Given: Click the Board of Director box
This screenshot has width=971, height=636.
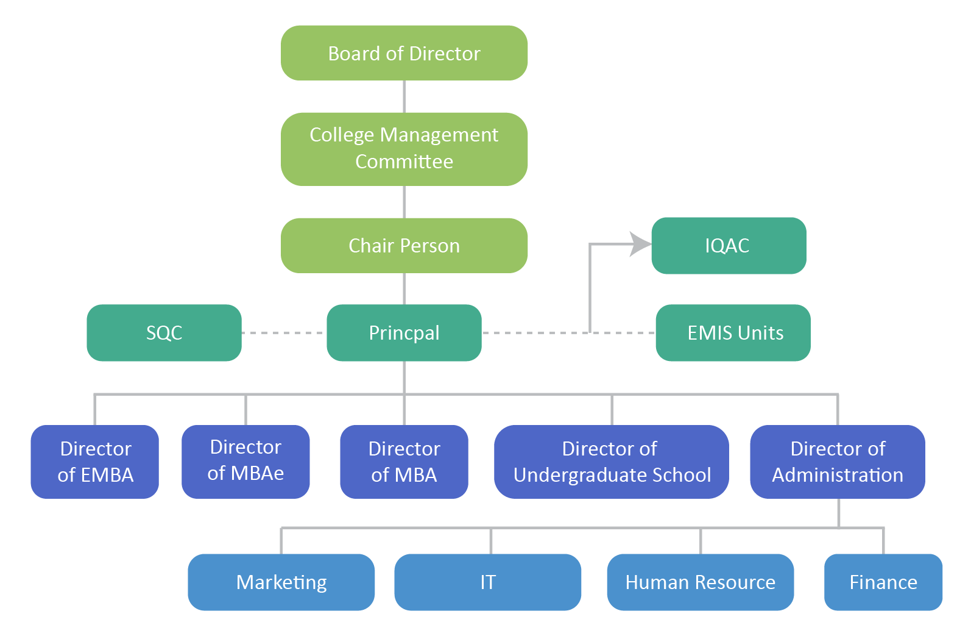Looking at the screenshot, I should pos(404,53).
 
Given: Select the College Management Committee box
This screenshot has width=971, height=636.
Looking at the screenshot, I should pos(404,148).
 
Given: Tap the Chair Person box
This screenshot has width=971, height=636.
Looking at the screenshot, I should pos(404,245).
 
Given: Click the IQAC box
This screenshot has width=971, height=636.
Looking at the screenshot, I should pos(728,245).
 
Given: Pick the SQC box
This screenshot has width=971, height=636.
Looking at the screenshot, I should pos(164,332).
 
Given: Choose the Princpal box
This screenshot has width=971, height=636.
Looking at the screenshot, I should pos(404,332).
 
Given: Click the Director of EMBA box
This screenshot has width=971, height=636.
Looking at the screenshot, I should pos(95,462).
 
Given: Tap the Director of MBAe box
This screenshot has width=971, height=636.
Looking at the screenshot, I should pos(245,460).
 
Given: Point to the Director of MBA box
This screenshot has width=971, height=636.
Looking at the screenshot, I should pos(404,462).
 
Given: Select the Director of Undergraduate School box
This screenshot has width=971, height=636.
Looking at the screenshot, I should pos(611,462).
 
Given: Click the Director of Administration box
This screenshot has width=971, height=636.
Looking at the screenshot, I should pos(837,462).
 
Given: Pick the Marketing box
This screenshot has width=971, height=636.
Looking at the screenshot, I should pos(281,582).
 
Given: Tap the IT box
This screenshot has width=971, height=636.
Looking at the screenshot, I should pos(487,582).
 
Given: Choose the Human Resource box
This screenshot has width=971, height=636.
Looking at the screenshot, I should pos(700,582).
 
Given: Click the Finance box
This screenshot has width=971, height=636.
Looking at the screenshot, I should pos(883,582).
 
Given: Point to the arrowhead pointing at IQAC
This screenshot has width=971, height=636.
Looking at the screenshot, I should pos(640,244).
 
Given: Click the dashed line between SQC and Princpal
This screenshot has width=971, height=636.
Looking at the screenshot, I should pos(284,333).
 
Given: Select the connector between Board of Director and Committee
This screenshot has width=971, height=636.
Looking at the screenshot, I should pos(404,96).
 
